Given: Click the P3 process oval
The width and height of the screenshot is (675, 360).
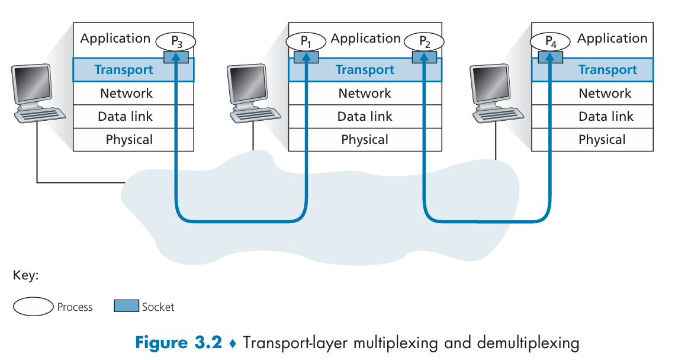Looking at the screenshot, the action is [x=176, y=42].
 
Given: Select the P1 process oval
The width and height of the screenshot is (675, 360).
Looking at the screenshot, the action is [x=306, y=42].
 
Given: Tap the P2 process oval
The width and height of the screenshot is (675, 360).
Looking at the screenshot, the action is [x=424, y=42].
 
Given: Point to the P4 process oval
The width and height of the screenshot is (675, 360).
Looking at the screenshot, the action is [x=550, y=42].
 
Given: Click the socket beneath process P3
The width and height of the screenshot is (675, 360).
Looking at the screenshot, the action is [x=176, y=57].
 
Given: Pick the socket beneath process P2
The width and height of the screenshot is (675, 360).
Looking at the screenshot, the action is [x=425, y=57].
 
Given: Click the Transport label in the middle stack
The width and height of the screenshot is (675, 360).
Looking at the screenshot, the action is [x=365, y=70].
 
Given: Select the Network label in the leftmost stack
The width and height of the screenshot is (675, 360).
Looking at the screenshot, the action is [x=126, y=93].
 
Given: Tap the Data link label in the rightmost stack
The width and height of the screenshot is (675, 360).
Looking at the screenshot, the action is [x=606, y=116].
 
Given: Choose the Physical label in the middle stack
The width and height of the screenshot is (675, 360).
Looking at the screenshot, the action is [x=365, y=140].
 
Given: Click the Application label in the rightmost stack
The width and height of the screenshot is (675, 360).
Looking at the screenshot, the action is [x=612, y=38].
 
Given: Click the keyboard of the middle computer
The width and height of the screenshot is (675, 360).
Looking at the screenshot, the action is [x=256, y=115].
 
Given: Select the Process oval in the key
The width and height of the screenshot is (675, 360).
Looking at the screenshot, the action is [x=33, y=307].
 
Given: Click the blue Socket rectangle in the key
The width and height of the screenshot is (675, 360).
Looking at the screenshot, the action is [x=127, y=306].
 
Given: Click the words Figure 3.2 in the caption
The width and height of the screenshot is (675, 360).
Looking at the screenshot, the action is [x=179, y=343].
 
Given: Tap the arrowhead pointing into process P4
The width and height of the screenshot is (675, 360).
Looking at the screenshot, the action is [x=550, y=56].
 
